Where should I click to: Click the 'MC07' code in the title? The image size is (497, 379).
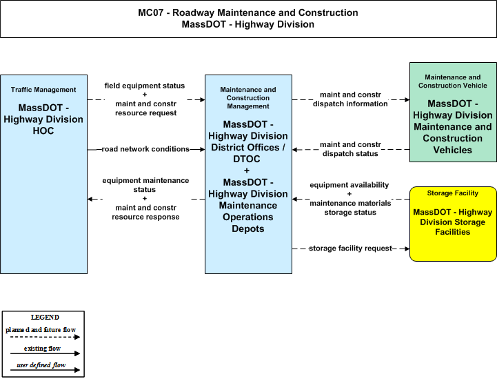point(150,12)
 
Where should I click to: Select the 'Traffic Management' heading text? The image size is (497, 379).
point(43,90)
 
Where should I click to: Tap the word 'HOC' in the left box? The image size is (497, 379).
point(43,130)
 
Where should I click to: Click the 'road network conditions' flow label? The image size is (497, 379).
point(145,149)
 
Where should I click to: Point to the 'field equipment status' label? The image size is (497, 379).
point(145,86)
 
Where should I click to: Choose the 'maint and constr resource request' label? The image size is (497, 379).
point(146,108)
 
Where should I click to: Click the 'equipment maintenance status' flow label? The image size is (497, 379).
point(145,185)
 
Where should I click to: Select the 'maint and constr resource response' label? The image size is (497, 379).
point(145,212)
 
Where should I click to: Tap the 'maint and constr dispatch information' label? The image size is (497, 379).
point(350,99)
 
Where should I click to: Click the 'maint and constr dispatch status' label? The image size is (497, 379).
point(350,149)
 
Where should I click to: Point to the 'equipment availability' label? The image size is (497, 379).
point(349,185)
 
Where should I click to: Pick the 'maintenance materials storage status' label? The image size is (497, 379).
point(350,208)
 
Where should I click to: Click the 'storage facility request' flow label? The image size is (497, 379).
point(351,249)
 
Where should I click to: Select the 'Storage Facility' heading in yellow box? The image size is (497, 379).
point(453,193)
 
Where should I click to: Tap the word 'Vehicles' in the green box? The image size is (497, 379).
point(453,150)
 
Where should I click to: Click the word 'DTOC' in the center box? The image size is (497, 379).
point(247,159)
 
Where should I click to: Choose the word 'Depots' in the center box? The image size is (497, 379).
point(248,229)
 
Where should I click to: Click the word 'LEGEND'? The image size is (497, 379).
point(45,318)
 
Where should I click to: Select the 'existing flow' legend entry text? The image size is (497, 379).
point(42,349)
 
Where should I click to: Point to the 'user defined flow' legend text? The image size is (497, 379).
point(41,365)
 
